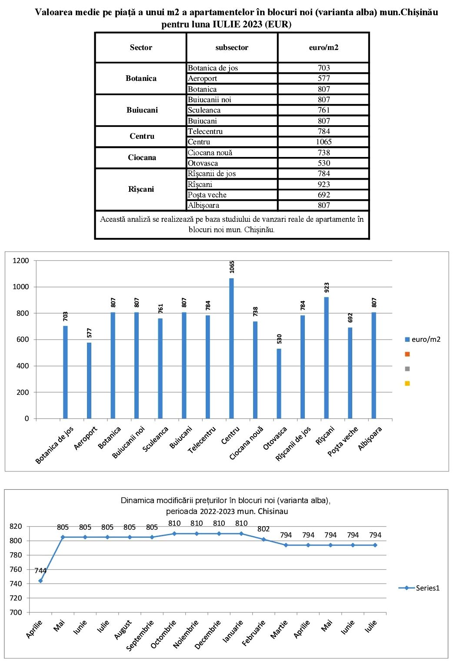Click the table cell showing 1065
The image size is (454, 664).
tap(324, 142)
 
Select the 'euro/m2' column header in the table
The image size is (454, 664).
tap(324, 47)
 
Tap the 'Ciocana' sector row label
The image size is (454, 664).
tap(142, 157)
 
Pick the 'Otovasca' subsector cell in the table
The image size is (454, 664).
tap(203, 163)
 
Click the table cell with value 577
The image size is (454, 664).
tap(324, 78)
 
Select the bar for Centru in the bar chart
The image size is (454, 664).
tap(231, 348)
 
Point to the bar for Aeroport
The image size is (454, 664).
tap(89, 380)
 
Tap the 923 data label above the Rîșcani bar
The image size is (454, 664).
tap(327, 287)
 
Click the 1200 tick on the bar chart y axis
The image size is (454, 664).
tap(21, 260)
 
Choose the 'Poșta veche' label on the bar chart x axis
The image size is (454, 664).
tap(344, 441)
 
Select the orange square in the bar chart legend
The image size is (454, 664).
tap(407, 354)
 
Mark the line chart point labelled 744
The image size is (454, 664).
tap(40, 581)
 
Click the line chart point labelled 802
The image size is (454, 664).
tap(264, 539)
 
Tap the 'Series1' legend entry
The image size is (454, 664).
tap(420, 588)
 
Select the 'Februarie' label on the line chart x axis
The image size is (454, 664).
tap(254, 633)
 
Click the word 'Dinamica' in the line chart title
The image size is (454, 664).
tap(137, 501)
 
